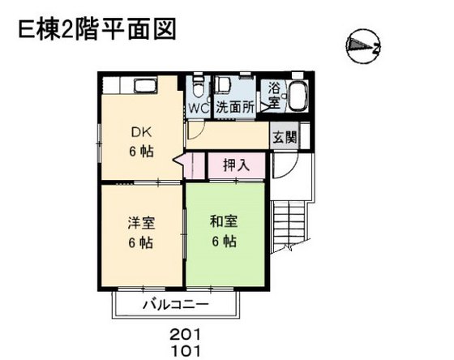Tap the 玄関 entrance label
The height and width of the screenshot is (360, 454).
tap(284, 137)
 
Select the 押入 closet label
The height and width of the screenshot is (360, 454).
tap(236, 165)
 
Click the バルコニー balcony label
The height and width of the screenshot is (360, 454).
tap(176, 306)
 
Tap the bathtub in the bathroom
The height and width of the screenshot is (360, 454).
tap(298, 96)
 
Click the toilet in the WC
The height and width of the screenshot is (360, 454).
tap(199, 85)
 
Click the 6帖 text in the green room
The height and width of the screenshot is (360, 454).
tap(225, 242)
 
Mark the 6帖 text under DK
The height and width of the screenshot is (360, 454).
tap(142, 152)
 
